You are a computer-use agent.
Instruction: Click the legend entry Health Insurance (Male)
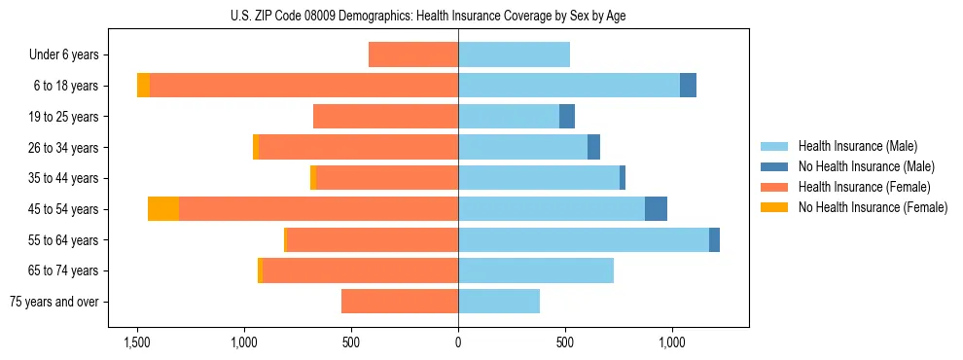857,146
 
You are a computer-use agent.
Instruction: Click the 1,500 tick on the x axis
136,342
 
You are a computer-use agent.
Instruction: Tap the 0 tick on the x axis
458,342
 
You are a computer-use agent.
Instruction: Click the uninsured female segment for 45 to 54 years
163,209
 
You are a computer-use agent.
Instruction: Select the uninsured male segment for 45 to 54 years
656,209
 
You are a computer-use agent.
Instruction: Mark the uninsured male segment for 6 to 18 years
688,86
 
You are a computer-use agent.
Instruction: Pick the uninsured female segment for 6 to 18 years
143,86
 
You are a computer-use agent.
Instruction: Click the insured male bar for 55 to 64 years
584,239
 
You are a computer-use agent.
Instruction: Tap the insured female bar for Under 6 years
413,55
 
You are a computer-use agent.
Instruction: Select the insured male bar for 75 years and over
499,302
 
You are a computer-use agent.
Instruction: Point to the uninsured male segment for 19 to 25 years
567,117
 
